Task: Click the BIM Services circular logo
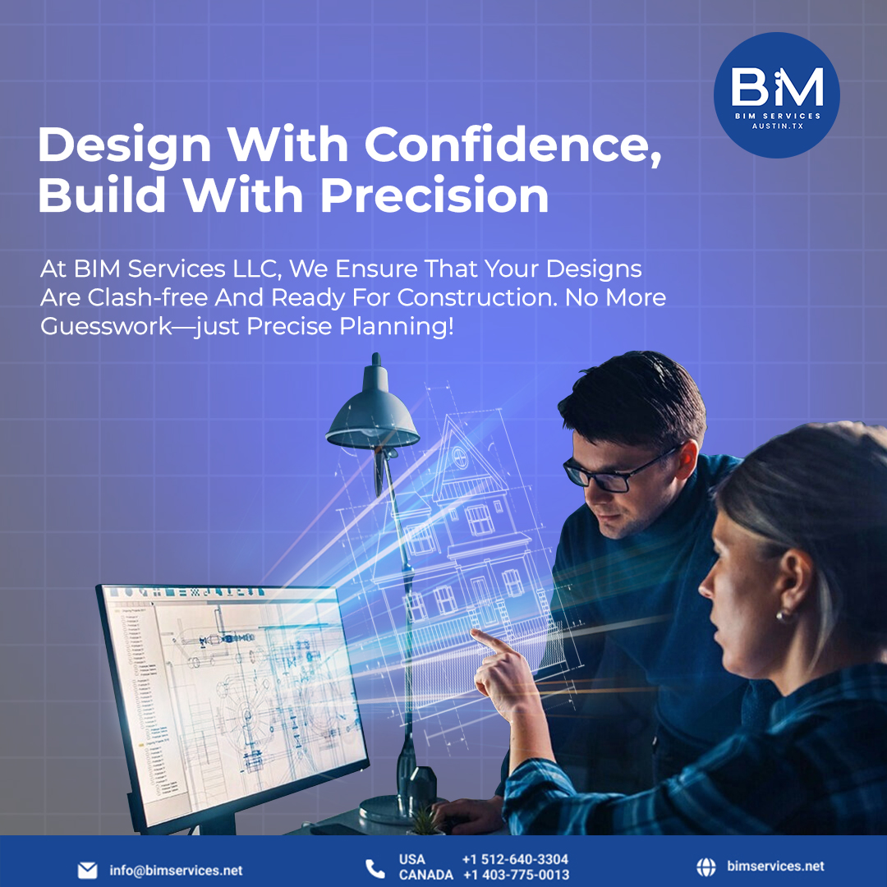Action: coord(776,94)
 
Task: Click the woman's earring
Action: coord(781,615)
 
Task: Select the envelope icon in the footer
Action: coord(87,870)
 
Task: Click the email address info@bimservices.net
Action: coord(176,870)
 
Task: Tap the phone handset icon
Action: coord(375,868)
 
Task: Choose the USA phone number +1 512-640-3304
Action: coord(515,860)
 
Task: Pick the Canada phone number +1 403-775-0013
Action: coord(515,876)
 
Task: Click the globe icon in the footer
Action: coord(705,866)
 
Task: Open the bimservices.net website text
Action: coord(775,866)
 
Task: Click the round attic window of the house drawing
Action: coord(461,457)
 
